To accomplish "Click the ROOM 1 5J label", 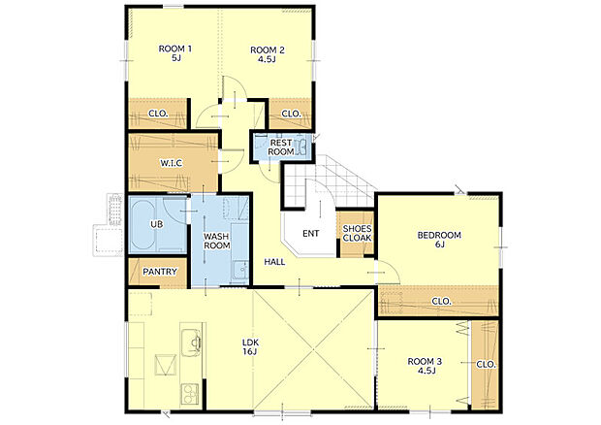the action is pos(175,53).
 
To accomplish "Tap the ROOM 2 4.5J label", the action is pos(268,54).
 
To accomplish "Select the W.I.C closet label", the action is pos(172,163).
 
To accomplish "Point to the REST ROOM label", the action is pos(281,147).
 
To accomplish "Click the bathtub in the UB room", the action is pos(142,225).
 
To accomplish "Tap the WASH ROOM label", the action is pos(216,241).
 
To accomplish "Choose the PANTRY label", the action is pos(160,272).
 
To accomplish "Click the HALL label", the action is pos(274,262).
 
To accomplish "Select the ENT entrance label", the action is pos(311,234).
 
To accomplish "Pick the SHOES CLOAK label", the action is pos(357,233).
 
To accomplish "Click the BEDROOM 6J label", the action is pos(439,240).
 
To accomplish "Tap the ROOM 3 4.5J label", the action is pos(425,366).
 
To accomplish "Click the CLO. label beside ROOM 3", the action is pos(486,365).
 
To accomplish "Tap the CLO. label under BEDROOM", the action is pos(441,302).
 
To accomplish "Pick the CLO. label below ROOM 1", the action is pos(158,114).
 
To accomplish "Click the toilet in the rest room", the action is pos(301,147).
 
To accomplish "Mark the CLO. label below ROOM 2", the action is pos(292,114).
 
